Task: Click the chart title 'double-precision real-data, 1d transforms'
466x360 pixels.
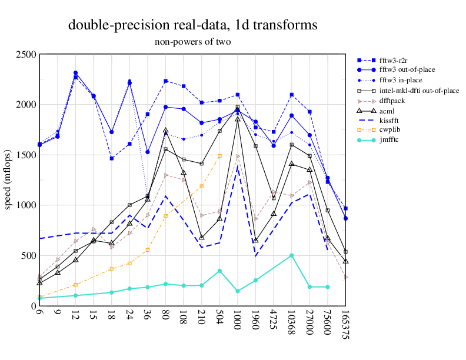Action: pyautogui.click(x=192, y=25)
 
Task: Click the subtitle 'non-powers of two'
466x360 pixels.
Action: pyautogui.click(x=192, y=42)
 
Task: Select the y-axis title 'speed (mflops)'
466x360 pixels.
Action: pyautogui.click(x=8, y=180)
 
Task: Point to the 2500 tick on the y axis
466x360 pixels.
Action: pyautogui.click(x=26, y=55)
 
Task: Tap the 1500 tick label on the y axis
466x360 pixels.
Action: pyautogui.click(x=26, y=155)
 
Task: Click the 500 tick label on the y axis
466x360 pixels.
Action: pyautogui.click(x=29, y=256)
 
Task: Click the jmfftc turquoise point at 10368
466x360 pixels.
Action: pyautogui.click(x=291, y=256)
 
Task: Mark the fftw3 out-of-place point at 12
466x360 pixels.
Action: pyautogui.click(x=75, y=73)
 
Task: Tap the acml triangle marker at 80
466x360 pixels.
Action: pyautogui.click(x=165, y=131)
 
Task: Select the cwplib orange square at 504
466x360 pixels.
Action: pyautogui.click(x=219, y=156)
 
